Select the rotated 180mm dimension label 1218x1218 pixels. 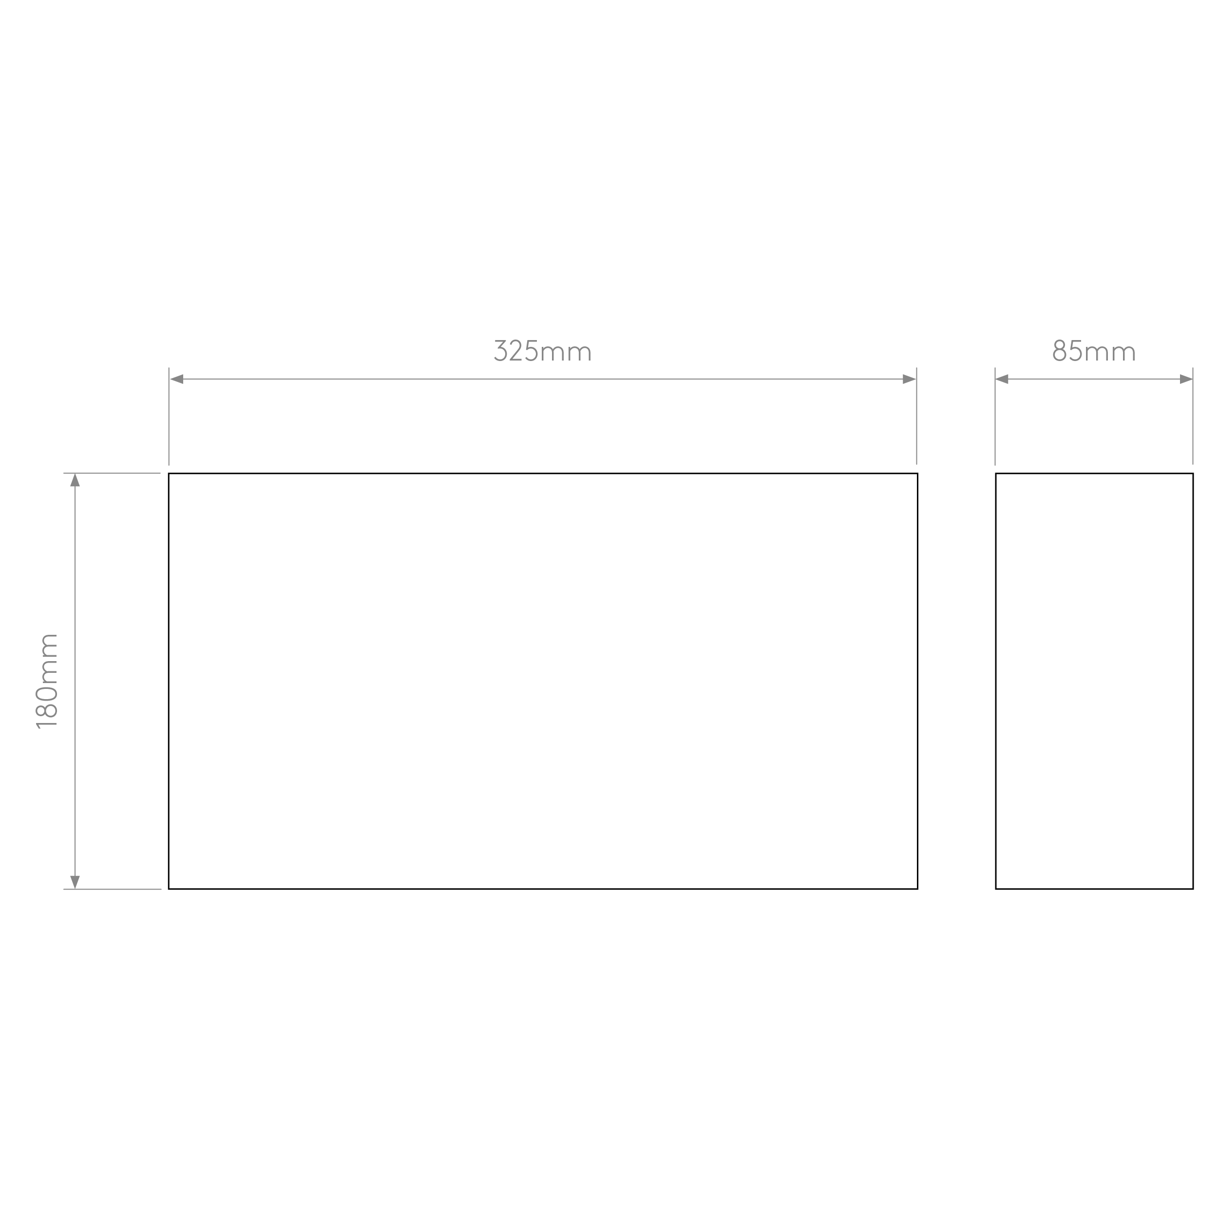click(47, 681)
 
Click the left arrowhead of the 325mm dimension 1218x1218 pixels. click(176, 379)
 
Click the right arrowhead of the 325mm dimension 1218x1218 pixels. click(909, 379)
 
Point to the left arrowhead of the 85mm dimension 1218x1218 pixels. click(1002, 379)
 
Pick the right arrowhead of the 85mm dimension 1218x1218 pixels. click(1186, 379)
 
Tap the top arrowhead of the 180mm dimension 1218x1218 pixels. click(75, 480)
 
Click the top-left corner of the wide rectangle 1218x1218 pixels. click(169, 474)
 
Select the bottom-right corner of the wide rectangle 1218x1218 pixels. click(917, 889)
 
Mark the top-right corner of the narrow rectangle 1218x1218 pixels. click(1193, 474)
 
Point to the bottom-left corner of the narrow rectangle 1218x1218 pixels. click(996, 889)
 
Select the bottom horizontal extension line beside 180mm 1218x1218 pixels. click(112, 889)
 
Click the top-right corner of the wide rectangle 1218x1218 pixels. click(917, 474)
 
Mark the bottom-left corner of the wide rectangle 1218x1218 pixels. click(169, 889)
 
